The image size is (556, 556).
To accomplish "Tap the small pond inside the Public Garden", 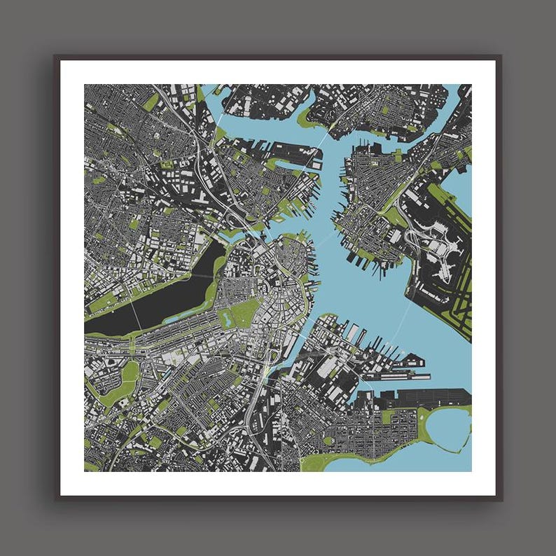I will pyautogui.click(x=226, y=319).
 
